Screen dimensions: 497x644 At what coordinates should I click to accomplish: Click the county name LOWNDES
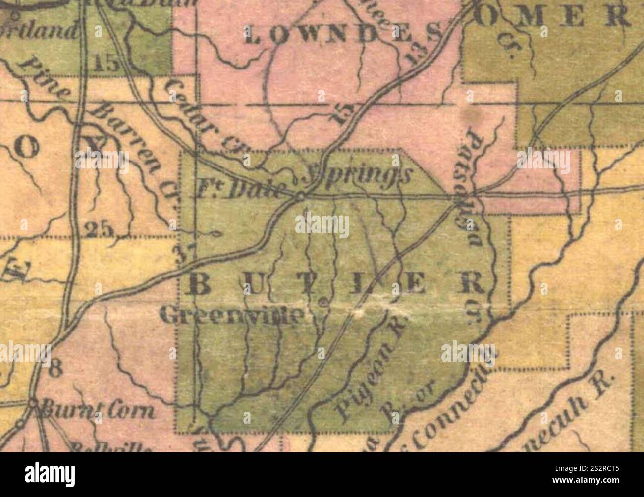342,35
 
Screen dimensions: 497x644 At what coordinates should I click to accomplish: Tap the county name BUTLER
337,284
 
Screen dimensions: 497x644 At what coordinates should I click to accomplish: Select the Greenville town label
233,315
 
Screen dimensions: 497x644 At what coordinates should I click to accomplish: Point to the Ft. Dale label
243,190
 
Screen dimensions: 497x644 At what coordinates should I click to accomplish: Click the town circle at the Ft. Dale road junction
300,197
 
